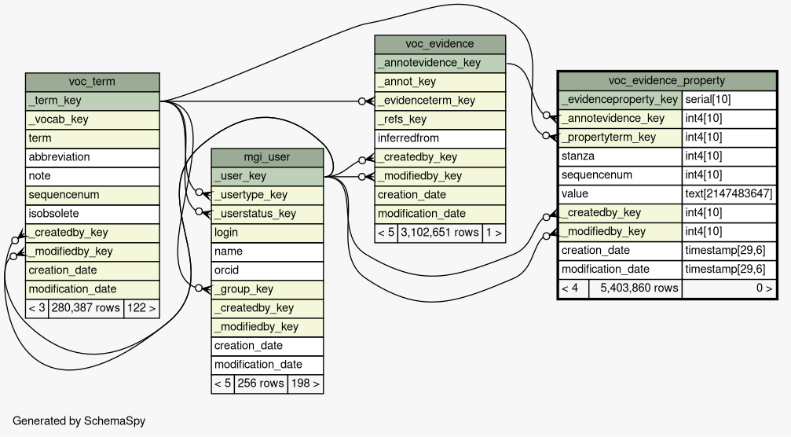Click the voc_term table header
pyautogui.click(x=93, y=82)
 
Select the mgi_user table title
pyautogui.click(x=267, y=157)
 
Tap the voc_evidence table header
pyautogui.click(x=439, y=44)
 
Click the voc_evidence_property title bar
pyautogui.click(x=666, y=81)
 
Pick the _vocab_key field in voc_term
pyautogui.click(x=93, y=119)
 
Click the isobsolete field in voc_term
pyautogui.click(x=93, y=214)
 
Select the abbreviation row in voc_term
pyautogui.click(x=93, y=157)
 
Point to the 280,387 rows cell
pyautogui.click(x=86, y=308)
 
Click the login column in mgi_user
pyautogui.click(x=267, y=233)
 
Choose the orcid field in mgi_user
pyautogui.click(x=267, y=270)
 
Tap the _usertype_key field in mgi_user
pyautogui.click(x=267, y=195)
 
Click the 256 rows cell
pyautogui.click(x=260, y=384)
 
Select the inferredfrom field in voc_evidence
pyautogui.click(x=439, y=138)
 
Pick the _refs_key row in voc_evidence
pyautogui.click(x=439, y=119)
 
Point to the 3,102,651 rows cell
pyautogui.click(x=439, y=233)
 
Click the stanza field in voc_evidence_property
pyautogui.click(x=620, y=156)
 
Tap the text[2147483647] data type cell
pyautogui.click(x=728, y=194)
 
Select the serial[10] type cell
pyautogui.click(x=728, y=100)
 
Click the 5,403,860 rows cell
pyautogui.click(x=635, y=288)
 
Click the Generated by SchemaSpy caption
pyautogui.click(x=79, y=421)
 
